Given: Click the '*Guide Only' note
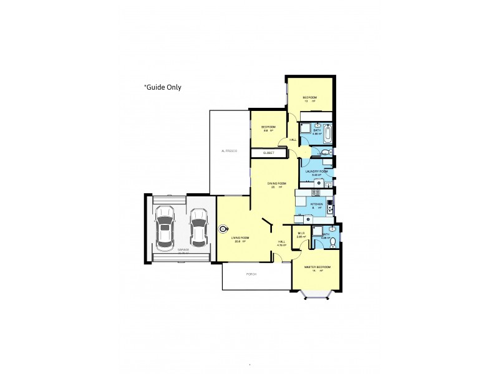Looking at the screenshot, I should pos(163,87).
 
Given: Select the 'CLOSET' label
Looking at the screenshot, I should pos(269,153).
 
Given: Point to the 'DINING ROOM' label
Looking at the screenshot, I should pos(277,183).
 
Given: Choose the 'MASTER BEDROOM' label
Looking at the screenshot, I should pos(317,267).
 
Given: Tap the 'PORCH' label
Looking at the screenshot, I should pos(251,274).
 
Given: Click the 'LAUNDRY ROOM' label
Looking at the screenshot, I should pos(316,171).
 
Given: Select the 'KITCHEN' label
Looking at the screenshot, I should pos(317,204).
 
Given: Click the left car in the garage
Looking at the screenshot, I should pos(165,227).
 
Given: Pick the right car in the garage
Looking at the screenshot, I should pos(198,227).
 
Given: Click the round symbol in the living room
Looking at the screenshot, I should pos(223,229).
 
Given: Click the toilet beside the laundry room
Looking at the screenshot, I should pos(328,152).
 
